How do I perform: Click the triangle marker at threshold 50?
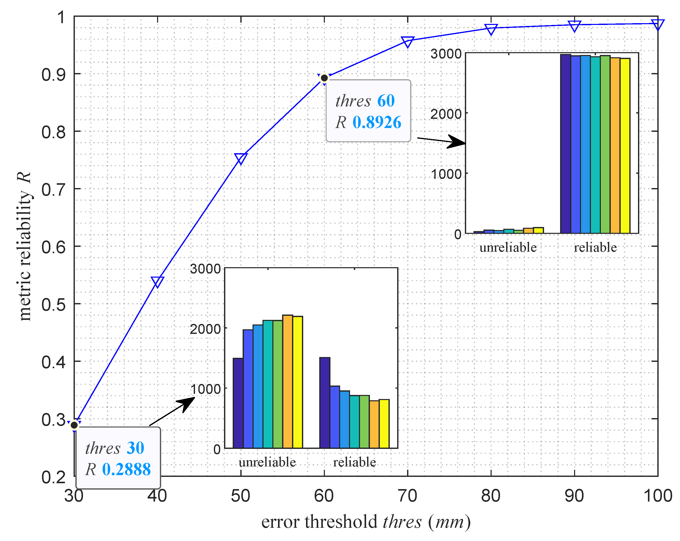click(241, 158)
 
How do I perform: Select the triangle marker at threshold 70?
click(408, 41)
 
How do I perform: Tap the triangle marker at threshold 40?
click(157, 281)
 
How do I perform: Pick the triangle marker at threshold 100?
click(658, 24)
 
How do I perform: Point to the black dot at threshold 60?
click(324, 78)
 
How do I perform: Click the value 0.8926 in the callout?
click(377, 122)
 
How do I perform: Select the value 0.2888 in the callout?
click(126, 469)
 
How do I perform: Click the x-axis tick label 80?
click(491, 496)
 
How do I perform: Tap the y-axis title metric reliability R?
click(25, 246)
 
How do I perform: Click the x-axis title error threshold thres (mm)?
click(366, 522)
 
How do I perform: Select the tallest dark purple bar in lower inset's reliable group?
click(325, 403)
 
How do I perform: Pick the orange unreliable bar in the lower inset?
click(288, 381)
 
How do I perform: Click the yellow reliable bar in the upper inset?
click(625, 145)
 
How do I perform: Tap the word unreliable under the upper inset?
click(508, 247)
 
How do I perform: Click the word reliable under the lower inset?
click(354, 462)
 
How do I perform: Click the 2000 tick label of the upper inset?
click(446, 114)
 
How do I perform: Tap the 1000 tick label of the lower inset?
click(205, 389)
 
